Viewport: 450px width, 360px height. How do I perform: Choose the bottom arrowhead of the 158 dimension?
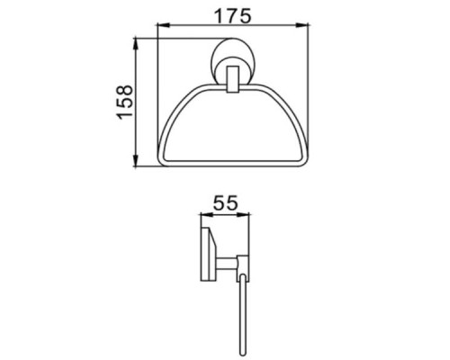click(x=137, y=165)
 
